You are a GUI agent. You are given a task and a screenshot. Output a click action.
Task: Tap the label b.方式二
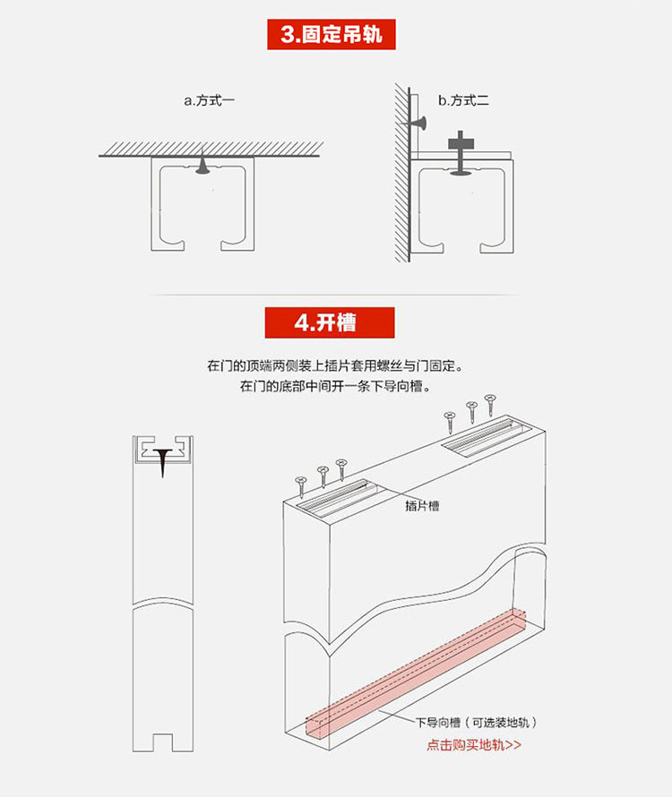click(x=463, y=101)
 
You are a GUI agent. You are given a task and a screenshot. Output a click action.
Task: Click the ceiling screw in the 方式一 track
click(x=204, y=165)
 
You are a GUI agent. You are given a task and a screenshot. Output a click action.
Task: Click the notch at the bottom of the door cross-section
click(x=163, y=742)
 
